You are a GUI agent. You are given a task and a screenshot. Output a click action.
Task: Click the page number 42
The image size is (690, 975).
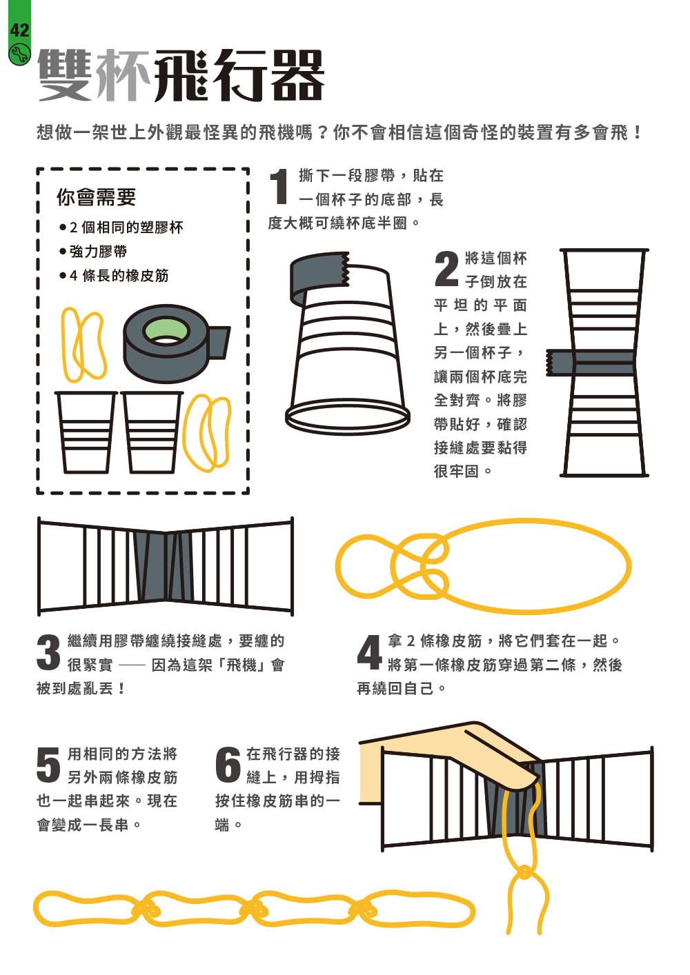(19, 30)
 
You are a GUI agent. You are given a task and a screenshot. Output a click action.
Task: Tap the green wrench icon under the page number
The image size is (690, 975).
(19, 54)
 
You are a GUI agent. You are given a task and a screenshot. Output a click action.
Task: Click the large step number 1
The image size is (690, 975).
(279, 187)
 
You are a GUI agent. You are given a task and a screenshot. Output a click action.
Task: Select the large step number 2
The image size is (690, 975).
(446, 269)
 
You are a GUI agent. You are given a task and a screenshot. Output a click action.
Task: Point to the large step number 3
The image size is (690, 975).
(48, 652)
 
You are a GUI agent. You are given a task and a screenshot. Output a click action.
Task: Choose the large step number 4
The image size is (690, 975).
(369, 652)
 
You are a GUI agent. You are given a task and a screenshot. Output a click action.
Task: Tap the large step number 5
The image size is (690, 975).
(48, 765)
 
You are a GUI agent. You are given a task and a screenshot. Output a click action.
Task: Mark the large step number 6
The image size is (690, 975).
(228, 765)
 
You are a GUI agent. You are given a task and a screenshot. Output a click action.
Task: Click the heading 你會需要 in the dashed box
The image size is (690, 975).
(96, 197)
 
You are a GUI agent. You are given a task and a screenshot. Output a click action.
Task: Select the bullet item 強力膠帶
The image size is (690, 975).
(98, 251)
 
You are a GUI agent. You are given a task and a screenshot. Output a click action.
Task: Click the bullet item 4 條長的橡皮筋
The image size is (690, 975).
(118, 276)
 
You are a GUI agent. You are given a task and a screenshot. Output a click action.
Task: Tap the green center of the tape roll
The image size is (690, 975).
(166, 330)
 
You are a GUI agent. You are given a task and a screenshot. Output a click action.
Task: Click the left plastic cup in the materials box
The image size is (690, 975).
(85, 432)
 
